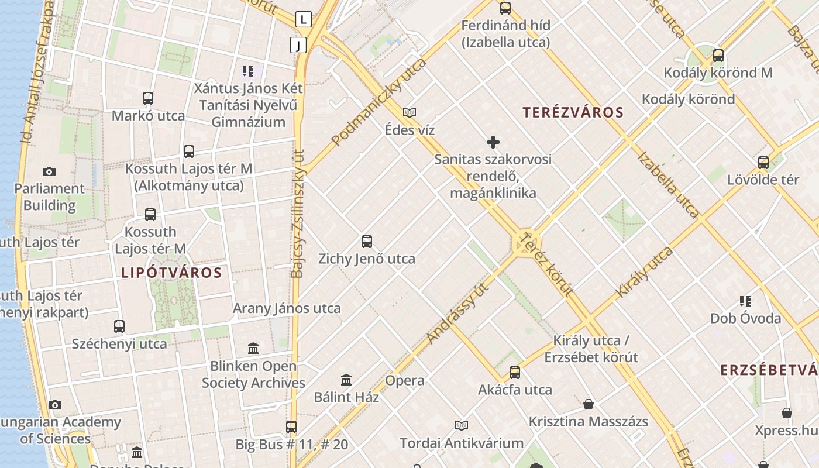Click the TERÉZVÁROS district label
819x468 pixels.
573,112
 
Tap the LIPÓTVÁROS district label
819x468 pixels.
171,273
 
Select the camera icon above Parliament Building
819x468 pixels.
49,171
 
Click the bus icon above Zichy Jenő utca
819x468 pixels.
367,241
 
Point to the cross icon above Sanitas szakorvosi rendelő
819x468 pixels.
493,142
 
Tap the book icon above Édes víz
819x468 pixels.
409,112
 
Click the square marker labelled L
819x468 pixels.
303,20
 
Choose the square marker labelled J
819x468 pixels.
298,45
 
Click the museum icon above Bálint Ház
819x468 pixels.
346,380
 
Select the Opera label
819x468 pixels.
405,380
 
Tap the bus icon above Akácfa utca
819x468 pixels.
515,373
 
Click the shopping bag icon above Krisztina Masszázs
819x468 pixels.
589,404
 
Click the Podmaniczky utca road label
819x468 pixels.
378,103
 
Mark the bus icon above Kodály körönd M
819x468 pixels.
718,56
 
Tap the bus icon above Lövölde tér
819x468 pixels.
763,163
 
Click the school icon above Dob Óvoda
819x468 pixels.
745,301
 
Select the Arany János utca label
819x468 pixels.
287,308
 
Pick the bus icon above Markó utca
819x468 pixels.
148,98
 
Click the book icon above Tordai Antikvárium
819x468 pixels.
462,425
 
